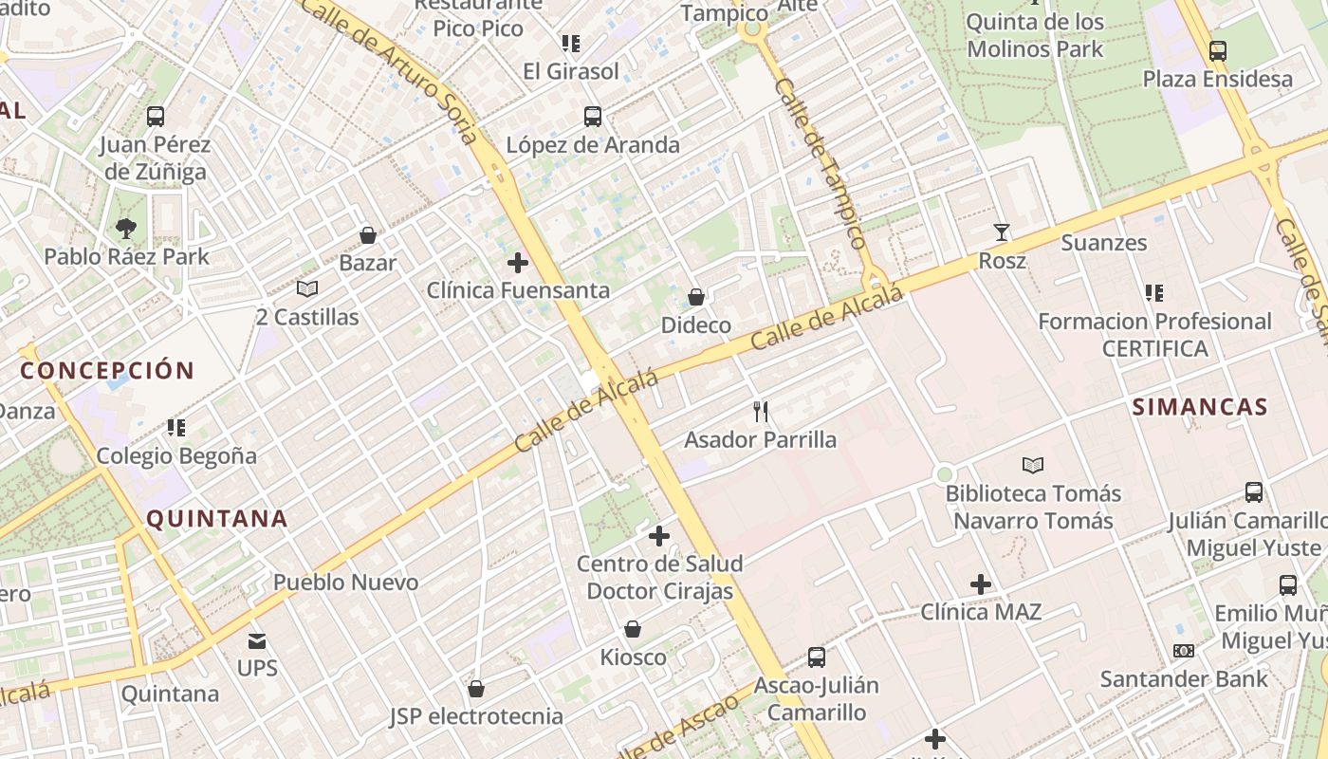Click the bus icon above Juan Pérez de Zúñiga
click(156, 117)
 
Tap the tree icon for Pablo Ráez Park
click(125, 228)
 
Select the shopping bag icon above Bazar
click(368, 234)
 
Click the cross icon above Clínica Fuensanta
click(518, 262)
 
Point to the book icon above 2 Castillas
click(306, 288)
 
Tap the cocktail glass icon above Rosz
click(1002, 231)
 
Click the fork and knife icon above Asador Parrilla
click(760, 411)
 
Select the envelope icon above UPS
click(257, 640)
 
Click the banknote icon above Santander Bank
click(1183, 651)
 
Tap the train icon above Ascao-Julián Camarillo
click(816, 657)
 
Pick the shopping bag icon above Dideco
click(696, 297)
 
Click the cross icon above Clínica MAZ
click(981, 583)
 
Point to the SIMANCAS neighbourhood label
click(1200, 407)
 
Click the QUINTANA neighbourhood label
click(217, 518)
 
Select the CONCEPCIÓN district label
click(107, 370)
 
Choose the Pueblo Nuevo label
click(345, 582)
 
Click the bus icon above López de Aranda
click(593, 117)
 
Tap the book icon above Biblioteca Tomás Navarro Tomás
click(1033, 465)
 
